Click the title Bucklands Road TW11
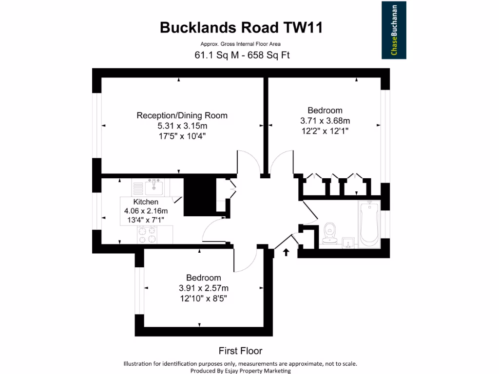click(241, 28)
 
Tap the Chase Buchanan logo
click(394, 31)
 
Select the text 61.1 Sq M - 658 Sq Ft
click(242, 55)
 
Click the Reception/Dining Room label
click(182, 115)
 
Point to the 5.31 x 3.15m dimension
click(182, 126)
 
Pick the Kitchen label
click(146, 202)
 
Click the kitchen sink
click(155, 186)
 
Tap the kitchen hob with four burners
click(147, 235)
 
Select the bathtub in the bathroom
click(369, 224)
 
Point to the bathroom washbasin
click(348, 242)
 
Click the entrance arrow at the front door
click(286, 252)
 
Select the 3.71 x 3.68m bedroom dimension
click(325, 120)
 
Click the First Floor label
click(240, 351)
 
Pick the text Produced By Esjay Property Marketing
click(240, 371)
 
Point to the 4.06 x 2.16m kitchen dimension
click(146, 211)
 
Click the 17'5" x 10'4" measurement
click(182, 136)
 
